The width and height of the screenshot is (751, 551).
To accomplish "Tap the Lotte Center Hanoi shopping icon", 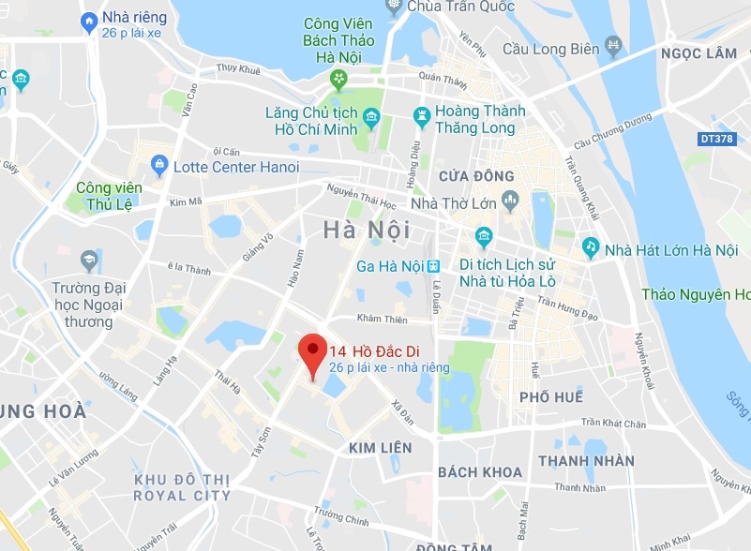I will (x=158, y=167).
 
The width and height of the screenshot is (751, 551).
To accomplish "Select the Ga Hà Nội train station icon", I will (x=433, y=266).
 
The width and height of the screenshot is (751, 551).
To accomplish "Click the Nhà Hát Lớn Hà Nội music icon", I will (x=591, y=248).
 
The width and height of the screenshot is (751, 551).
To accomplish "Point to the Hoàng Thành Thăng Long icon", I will (x=421, y=118).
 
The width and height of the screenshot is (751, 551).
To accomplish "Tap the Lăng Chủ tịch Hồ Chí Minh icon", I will (x=372, y=119).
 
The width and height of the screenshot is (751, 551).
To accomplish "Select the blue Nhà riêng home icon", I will (x=90, y=20).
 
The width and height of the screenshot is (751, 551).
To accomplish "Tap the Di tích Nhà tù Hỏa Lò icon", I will (x=484, y=234).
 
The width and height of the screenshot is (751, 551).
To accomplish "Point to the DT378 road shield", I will (x=717, y=139).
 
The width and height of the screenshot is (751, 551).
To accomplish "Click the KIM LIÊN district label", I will (x=380, y=448).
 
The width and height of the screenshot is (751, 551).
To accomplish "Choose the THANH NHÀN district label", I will (x=586, y=461).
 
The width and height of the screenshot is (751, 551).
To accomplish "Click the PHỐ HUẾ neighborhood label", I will (x=551, y=397).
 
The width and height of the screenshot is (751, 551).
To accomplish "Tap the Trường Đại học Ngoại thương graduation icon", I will (x=89, y=259).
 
